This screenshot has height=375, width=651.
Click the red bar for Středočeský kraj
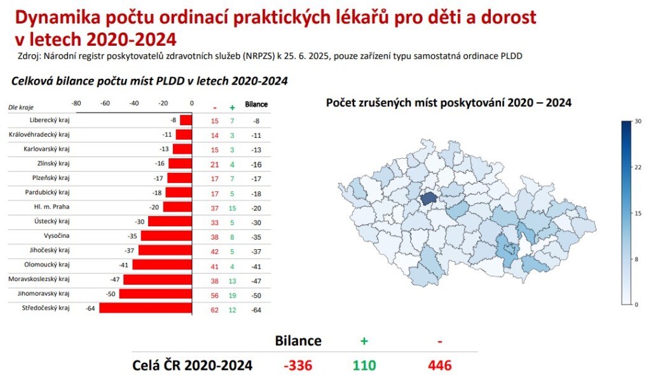(146, 308)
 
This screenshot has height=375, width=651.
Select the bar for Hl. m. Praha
(178, 207)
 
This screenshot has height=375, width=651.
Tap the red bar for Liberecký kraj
(186, 120)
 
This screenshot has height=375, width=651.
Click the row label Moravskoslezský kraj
(39, 279)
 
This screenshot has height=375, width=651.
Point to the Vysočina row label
(57, 235)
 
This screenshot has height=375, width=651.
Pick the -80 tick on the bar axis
(76, 103)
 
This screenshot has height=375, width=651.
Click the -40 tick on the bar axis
(134, 103)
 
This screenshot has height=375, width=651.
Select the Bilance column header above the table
(256, 104)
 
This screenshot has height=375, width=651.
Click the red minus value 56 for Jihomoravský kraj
(215, 296)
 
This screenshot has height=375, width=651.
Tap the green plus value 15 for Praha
(232, 208)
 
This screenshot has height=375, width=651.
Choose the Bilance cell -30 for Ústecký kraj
(256, 222)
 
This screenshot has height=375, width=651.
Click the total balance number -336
(298, 365)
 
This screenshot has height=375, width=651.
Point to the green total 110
(364, 365)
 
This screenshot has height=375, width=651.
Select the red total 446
(440, 365)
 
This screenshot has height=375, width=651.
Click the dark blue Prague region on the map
(429, 198)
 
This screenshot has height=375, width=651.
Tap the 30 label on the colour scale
(638, 121)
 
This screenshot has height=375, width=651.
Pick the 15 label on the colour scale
(638, 213)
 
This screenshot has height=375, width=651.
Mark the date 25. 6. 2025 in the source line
(307, 56)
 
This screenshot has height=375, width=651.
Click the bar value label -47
(114, 280)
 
